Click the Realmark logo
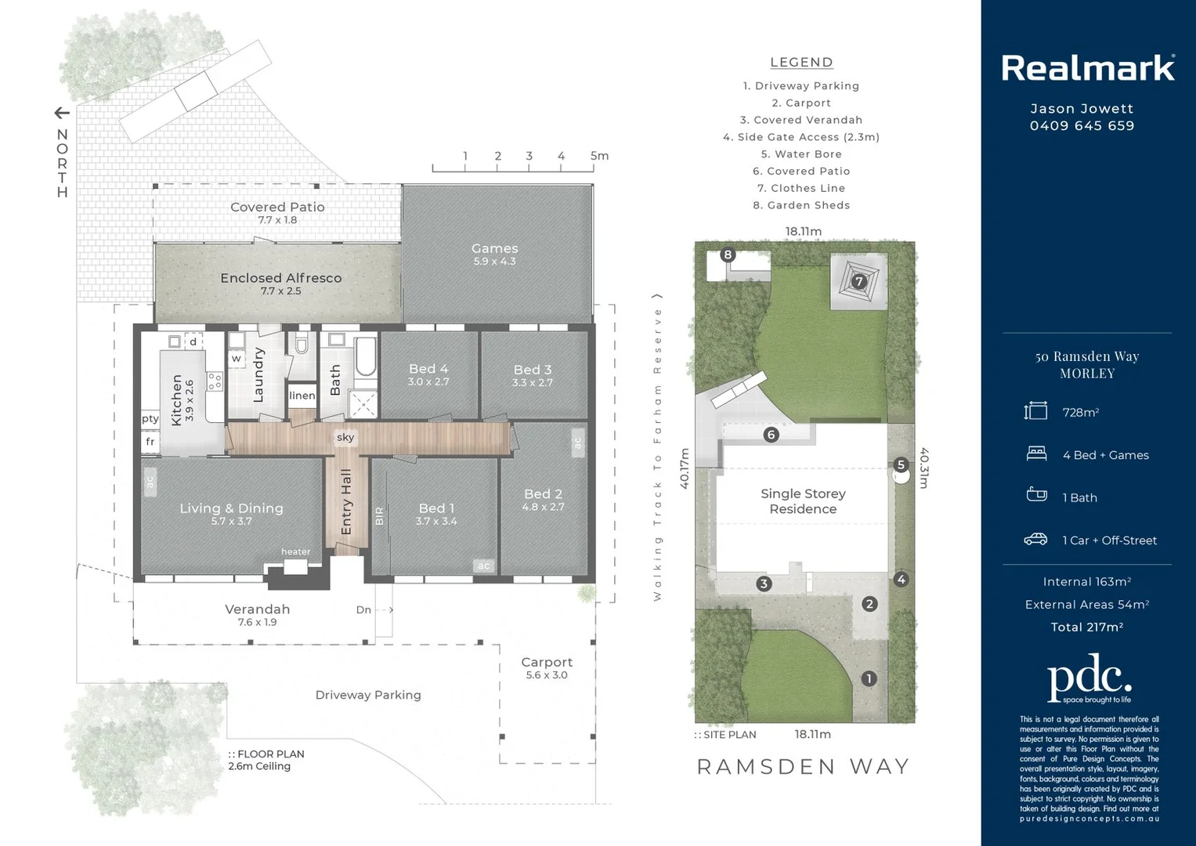pos(1087,68)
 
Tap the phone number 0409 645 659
pos(1082,126)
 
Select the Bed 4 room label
pos(428,369)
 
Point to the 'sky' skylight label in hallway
pos(345,437)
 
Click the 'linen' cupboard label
pos(302,396)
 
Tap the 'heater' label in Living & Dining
pos(295,551)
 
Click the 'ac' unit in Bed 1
pos(483,566)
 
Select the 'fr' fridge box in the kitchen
pos(150,442)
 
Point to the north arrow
pos(62,114)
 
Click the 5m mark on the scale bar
pos(599,156)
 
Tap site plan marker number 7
pos(859,281)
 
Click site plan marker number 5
pos(901,465)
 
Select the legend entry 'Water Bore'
pos(801,154)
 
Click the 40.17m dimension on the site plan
pos(684,468)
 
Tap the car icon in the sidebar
pos(1035,540)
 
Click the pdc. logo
pos(1089,678)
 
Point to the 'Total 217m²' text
pos(1086,627)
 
